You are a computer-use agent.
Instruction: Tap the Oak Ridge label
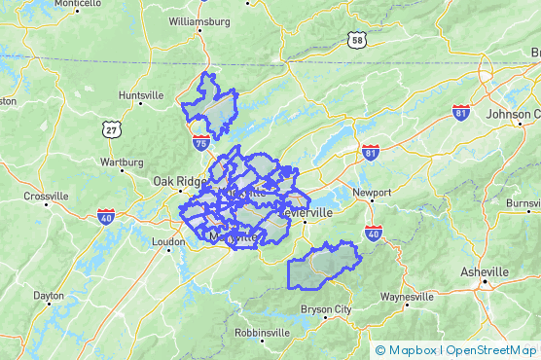point(176,180)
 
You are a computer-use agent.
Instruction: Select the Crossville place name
point(46,196)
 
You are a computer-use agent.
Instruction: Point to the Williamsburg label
point(198,20)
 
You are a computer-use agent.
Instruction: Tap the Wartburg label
point(122,162)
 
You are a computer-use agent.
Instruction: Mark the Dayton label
point(49,295)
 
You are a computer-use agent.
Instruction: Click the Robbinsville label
point(262,332)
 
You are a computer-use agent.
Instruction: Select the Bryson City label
point(326,309)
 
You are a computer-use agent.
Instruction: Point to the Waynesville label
point(408,296)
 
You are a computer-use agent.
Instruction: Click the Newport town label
point(371,193)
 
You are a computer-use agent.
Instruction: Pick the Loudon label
point(168,241)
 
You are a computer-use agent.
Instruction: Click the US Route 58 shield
point(358,39)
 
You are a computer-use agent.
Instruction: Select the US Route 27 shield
point(115,128)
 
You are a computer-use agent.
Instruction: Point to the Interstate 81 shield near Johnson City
point(461,113)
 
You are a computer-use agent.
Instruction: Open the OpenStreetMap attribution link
point(491,350)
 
